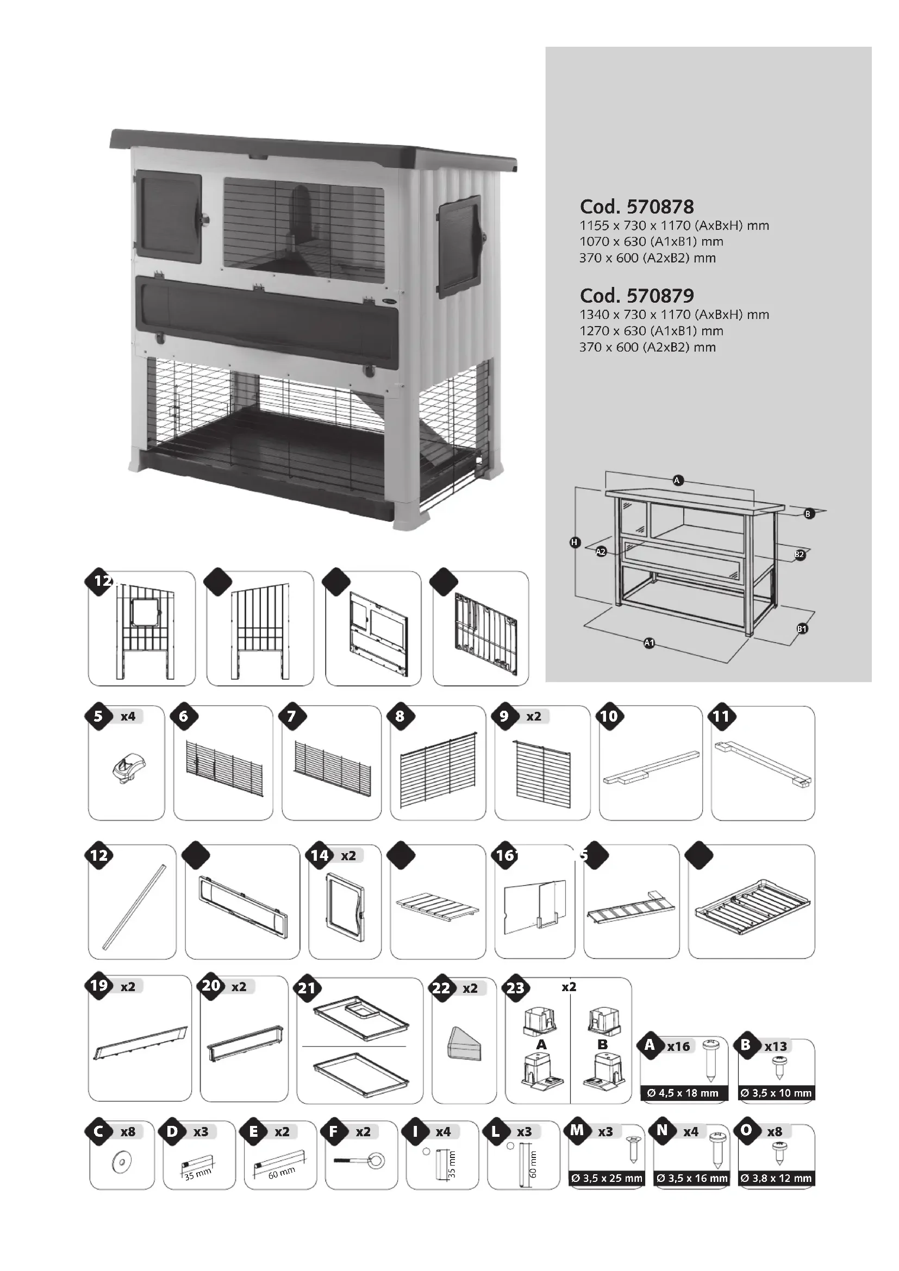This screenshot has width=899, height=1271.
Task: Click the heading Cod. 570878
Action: click(x=636, y=206)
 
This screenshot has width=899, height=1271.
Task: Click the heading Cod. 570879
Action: click(x=636, y=296)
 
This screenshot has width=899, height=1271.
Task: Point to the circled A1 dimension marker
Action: click(x=650, y=643)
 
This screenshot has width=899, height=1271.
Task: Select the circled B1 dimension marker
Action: click(x=802, y=628)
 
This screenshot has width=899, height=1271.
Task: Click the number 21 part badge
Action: click(x=307, y=988)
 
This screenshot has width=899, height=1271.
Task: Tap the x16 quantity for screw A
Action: click(x=678, y=1046)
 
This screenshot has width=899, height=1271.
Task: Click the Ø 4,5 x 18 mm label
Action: click(x=683, y=1093)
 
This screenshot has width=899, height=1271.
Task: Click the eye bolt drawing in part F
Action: click(x=360, y=1161)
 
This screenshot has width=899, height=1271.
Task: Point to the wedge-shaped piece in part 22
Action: click(x=464, y=1045)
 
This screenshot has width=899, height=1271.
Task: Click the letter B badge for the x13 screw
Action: click(x=746, y=1044)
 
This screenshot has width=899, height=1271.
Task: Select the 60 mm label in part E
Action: click(x=281, y=1172)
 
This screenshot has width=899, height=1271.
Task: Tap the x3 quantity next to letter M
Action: click(x=605, y=1131)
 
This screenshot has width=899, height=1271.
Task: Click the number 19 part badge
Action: click(x=98, y=986)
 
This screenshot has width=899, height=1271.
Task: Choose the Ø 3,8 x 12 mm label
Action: click(x=776, y=1179)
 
